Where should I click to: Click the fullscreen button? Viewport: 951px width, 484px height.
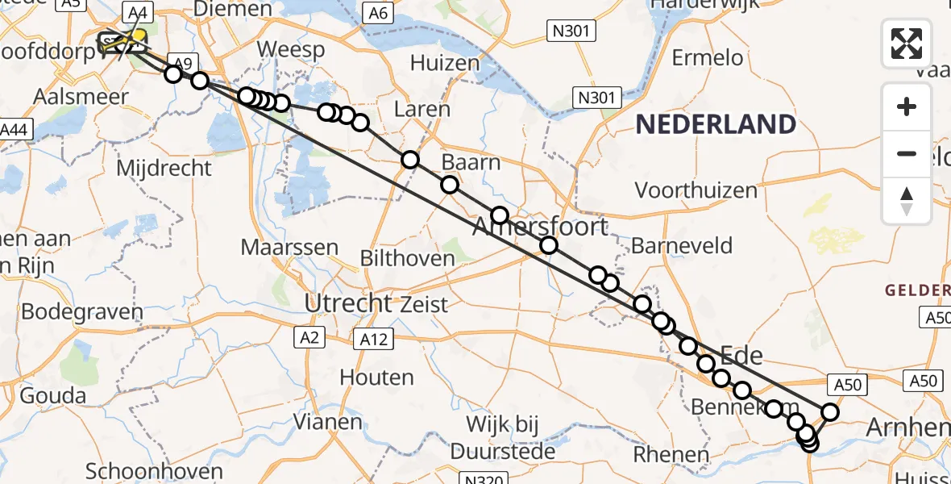pos(907,44)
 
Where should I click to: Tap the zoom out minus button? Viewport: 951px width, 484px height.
pos(907,153)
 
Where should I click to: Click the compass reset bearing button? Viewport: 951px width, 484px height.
pos(907,200)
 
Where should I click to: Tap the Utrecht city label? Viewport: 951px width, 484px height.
pos(347,304)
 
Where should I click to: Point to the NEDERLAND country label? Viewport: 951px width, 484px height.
pos(716,124)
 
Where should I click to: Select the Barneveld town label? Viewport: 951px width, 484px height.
pos(682,245)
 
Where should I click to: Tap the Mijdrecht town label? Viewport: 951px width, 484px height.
pos(164,169)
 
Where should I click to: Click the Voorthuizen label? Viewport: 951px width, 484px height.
pos(696,190)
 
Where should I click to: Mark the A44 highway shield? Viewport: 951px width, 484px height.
pos(15,129)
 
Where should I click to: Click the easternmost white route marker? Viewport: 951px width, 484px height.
pos(830,412)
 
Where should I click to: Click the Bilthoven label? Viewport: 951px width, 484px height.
pos(408,258)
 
